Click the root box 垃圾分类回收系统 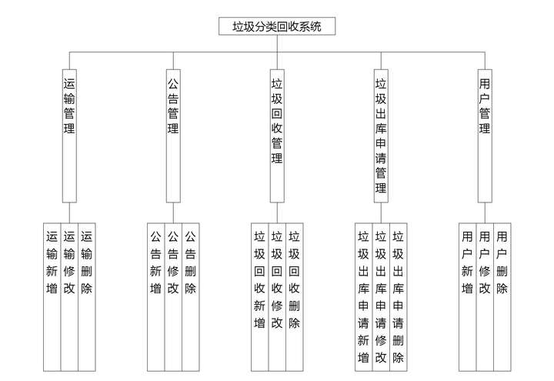tap(277, 27)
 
